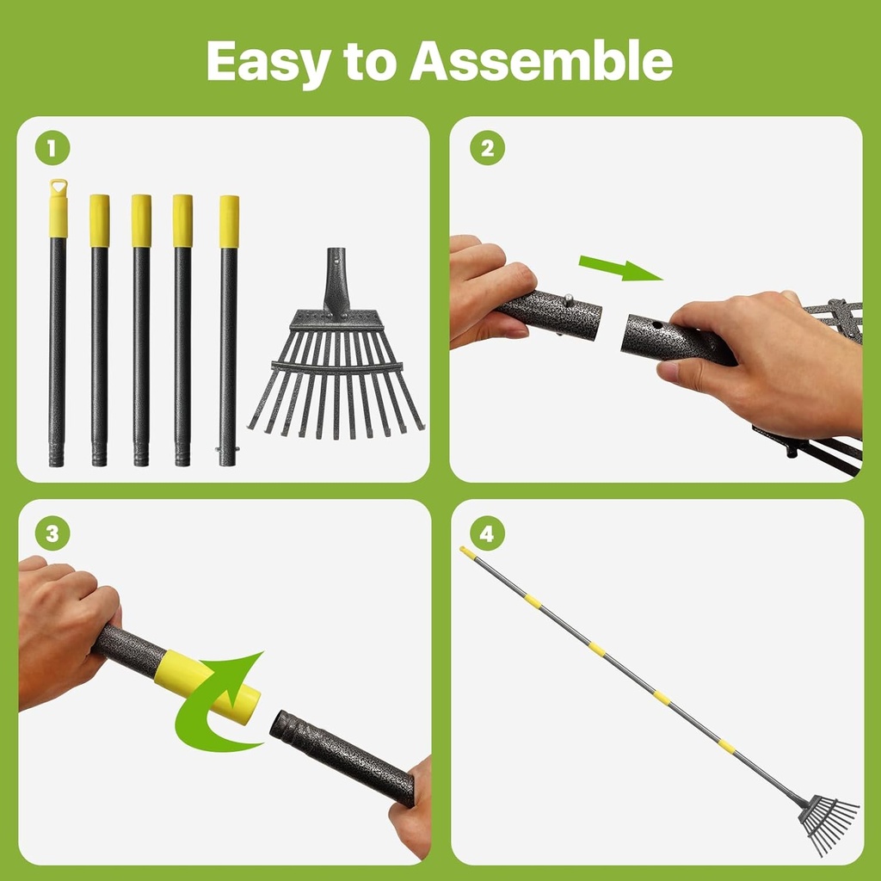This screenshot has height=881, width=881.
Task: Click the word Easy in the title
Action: pos(269,62)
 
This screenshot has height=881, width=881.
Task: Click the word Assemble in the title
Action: pos(540,62)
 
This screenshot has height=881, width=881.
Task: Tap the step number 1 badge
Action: pos(52,149)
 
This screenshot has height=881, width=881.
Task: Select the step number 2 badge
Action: pos(487,149)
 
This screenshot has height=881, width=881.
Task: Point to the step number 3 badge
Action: pos(52,533)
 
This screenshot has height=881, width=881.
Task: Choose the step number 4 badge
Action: pos(487,533)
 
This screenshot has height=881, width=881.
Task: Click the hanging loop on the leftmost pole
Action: pos(58,187)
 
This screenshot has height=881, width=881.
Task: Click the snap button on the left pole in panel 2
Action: pos(567,300)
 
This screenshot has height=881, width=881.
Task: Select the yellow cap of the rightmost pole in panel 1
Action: pos(229,221)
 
